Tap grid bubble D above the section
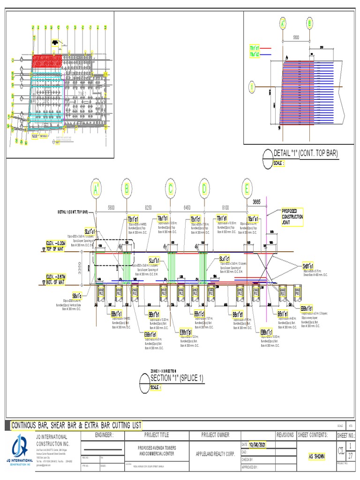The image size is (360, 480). coord(204,188)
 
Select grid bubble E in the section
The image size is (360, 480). coord(247,188)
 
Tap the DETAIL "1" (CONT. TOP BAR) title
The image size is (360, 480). coord(305,153)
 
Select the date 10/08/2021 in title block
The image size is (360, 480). coord(257,444)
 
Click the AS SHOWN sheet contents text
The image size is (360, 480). coord(317,456)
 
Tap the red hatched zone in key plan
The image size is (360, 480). coord(47,61)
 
